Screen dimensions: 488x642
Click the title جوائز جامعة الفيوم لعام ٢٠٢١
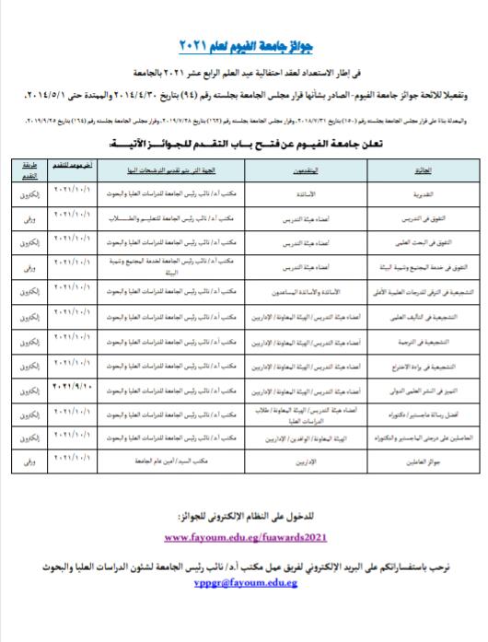(x=244, y=47)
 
